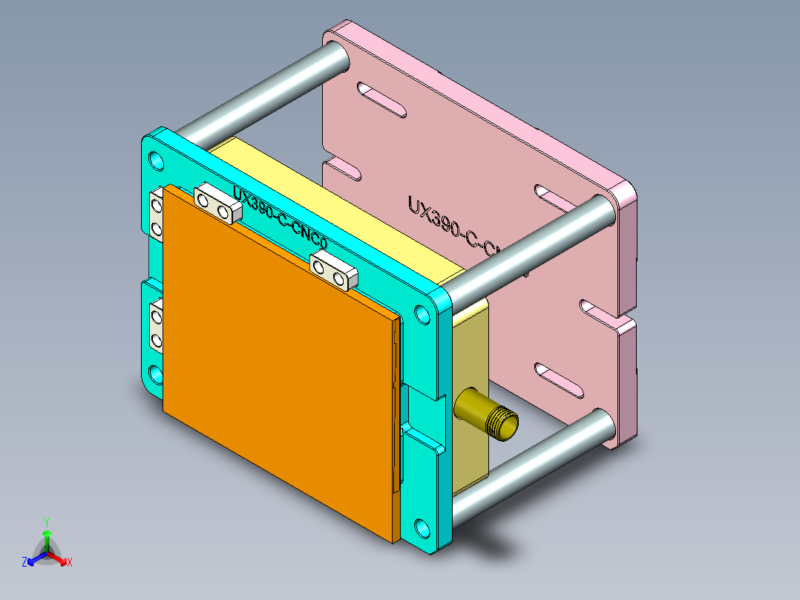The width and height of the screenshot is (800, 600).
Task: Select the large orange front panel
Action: point(275,364)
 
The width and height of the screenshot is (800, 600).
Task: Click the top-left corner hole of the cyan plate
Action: point(156,160)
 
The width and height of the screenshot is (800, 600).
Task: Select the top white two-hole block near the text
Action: point(217,206)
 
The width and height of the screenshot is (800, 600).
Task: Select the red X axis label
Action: point(70,562)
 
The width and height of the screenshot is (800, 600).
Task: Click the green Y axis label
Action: point(47,522)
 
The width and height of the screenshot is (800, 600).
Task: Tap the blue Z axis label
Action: point(24,562)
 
